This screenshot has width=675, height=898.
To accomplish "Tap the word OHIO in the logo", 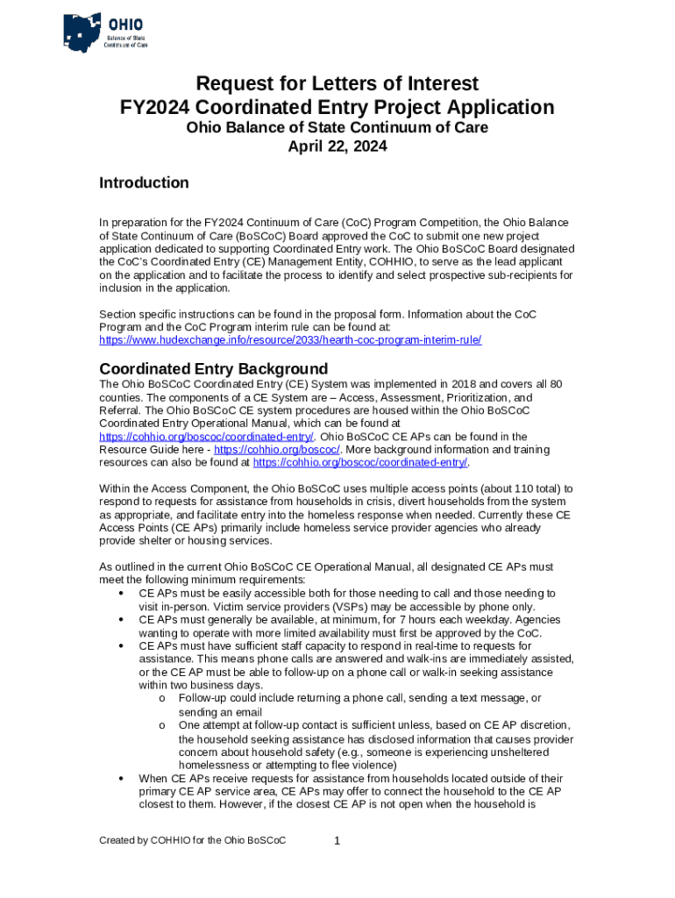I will coord(126,24).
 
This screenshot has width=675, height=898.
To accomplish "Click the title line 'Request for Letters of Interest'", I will coord(337,83).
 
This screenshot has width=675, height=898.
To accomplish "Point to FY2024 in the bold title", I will coord(155,108).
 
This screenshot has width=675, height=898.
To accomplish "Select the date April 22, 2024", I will coord(337,146).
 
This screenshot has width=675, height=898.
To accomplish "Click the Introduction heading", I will coord(144,182).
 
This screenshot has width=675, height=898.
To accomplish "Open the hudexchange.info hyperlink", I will coord(290,339).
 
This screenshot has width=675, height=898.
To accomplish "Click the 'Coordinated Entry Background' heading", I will coord(213,368).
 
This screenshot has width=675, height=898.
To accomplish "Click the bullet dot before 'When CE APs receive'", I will coord(118,779).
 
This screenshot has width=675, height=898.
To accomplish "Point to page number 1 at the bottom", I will coord(337,842).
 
